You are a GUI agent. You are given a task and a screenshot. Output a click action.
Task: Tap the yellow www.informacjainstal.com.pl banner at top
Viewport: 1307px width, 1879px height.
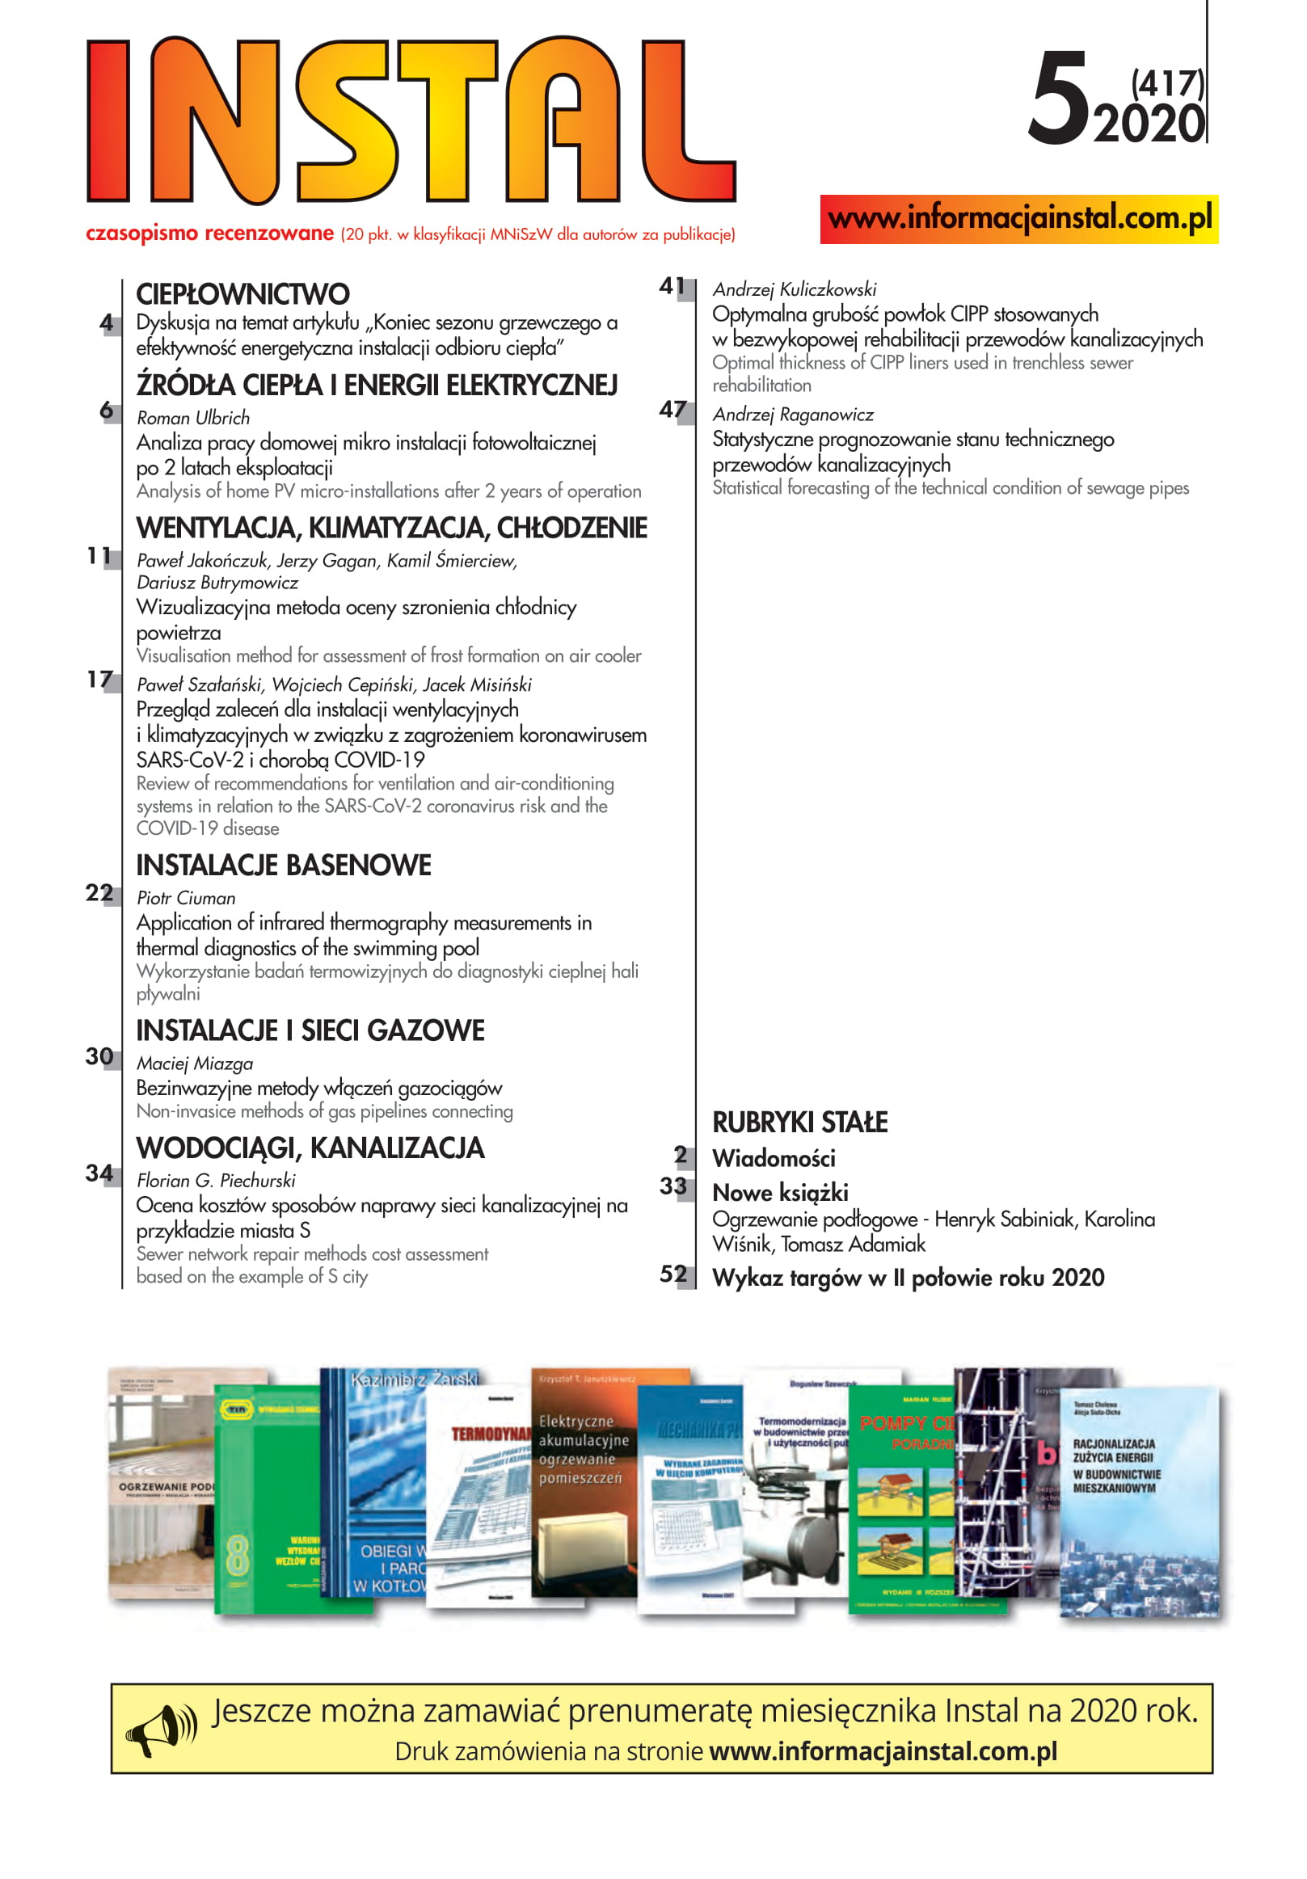coord(1018,218)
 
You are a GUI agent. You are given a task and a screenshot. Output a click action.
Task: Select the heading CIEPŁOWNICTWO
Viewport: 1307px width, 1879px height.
coord(242,294)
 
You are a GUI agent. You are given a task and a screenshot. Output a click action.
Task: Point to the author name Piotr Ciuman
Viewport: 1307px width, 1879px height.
coord(186,898)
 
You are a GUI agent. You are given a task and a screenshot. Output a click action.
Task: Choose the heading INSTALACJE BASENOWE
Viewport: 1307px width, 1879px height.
coord(283,865)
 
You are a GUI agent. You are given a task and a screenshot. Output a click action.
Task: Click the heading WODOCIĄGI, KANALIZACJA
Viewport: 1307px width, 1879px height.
coord(310,1148)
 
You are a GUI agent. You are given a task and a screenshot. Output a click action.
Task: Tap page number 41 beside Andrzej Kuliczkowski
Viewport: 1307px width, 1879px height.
coord(672,285)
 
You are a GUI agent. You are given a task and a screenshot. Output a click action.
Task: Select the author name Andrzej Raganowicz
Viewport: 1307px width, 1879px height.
coord(792,414)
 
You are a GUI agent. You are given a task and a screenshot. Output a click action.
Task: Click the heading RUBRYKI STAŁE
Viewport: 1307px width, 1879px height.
coord(799,1121)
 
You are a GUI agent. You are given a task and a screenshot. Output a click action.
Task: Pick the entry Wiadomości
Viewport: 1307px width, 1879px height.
coord(774,1158)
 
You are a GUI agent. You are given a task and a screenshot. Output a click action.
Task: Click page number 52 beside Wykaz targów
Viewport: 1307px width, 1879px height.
coord(672,1274)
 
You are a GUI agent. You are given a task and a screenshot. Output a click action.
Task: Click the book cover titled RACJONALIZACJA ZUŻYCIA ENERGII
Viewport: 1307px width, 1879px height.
coord(1138,1502)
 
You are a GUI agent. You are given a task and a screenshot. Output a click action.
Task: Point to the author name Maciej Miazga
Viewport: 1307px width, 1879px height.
coord(195,1063)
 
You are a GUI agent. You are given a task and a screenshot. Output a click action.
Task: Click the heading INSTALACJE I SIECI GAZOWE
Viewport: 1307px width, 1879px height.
coord(310,1030)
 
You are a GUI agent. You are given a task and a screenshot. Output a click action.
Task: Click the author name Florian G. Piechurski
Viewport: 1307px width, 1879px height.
coord(216,1180)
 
